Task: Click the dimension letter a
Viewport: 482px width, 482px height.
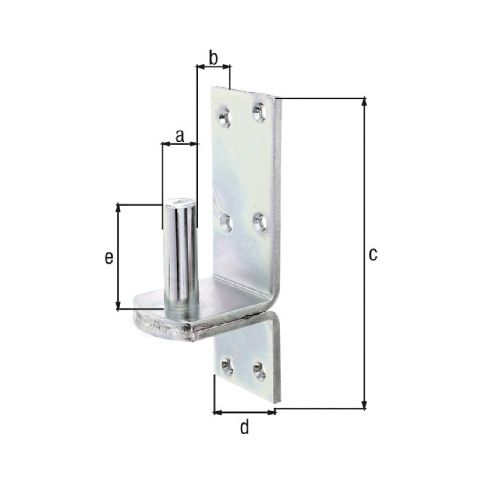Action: coord(180,136)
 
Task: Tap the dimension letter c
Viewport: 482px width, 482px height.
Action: coord(373,255)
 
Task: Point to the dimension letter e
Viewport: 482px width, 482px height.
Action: coord(109,258)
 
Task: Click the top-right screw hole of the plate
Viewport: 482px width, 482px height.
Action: coord(259,113)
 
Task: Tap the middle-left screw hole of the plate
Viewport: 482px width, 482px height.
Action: coord(226,223)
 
